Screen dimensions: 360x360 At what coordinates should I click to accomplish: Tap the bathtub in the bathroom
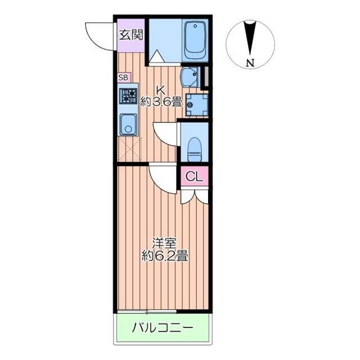pyautogui.click(x=195, y=40)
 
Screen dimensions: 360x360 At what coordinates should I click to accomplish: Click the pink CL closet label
pyautogui.click(x=195, y=177)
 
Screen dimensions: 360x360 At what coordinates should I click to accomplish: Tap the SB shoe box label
pyautogui.click(x=123, y=78)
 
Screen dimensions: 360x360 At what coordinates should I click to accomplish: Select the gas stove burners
pyautogui.click(x=129, y=96)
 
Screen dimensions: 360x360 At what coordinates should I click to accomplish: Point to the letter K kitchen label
pyautogui.click(x=160, y=89)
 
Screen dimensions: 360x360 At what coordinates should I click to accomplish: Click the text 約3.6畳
pyautogui.click(x=161, y=102)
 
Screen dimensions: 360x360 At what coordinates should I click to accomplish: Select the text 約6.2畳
pyautogui.click(x=164, y=257)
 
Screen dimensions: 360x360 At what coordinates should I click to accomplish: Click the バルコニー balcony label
pyautogui.click(x=163, y=327)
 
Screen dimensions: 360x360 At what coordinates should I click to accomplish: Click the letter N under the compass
pyautogui.click(x=249, y=62)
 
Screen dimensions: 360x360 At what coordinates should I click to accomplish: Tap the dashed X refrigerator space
pyautogui.click(x=130, y=148)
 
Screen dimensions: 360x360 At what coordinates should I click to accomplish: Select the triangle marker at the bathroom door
pyautogui.click(x=157, y=57)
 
